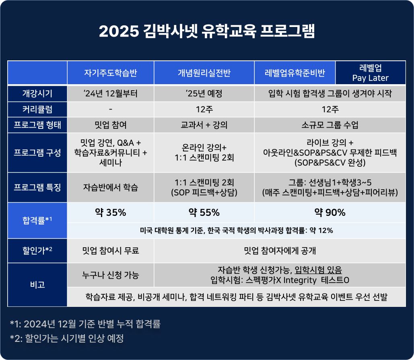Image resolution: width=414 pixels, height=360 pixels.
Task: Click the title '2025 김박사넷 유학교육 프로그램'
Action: [x=207, y=31]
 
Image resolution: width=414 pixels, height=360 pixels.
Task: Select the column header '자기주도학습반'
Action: [x=111, y=73]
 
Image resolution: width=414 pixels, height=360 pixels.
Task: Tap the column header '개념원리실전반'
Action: [x=204, y=73]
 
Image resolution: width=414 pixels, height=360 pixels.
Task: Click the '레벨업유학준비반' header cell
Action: [x=295, y=73]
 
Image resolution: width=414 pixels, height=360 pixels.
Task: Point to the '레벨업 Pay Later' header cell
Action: [x=371, y=73]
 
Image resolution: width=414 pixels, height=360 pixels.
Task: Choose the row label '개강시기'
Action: [x=37, y=93]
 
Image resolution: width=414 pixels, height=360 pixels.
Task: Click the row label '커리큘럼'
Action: [x=37, y=109]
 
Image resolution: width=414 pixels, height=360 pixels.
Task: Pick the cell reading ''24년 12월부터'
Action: [x=111, y=93]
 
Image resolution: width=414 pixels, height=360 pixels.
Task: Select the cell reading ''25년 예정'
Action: [x=204, y=93]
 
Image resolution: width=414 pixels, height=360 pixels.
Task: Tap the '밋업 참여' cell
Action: [x=111, y=125]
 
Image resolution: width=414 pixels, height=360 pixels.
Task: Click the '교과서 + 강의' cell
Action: [x=204, y=125]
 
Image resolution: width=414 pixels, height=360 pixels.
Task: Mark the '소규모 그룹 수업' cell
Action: [x=330, y=125]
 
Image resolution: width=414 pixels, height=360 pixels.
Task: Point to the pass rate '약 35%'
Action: [x=111, y=213]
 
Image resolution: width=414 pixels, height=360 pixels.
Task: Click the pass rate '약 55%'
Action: [x=204, y=213]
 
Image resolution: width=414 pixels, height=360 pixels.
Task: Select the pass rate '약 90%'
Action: [x=330, y=213]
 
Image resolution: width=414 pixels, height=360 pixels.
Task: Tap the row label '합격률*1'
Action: [x=37, y=220]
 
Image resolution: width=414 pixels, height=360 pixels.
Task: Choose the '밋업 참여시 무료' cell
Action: [x=111, y=250]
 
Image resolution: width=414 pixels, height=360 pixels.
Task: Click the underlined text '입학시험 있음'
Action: [x=318, y=270]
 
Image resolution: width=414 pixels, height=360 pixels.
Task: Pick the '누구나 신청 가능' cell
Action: [x=111, y=275]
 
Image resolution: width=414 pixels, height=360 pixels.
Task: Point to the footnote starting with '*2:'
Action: [x=67, y=338]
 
